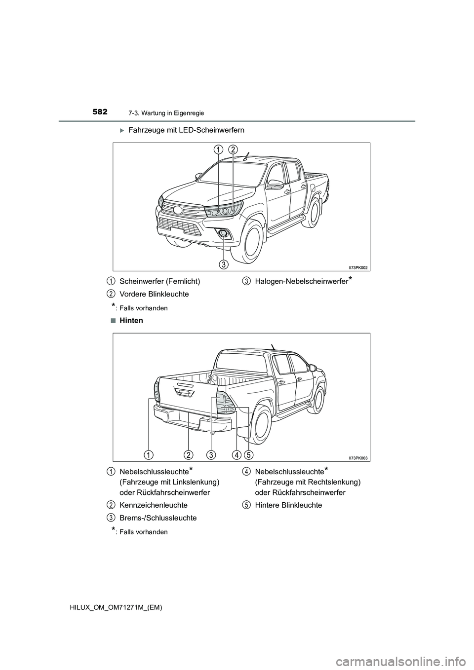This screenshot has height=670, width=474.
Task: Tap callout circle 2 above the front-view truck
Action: [x=233, y=149]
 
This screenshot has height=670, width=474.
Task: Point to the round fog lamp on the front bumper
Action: [x=224, y=233]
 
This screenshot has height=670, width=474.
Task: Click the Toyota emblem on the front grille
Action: [x=177, y=210]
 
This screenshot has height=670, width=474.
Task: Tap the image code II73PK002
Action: [x=358, y=267]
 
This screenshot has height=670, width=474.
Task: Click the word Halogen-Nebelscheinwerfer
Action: [x=302, y=281]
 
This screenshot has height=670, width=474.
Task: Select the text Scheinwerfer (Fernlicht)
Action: [x=159, y=281]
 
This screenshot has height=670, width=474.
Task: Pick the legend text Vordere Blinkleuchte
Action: [x=154, y=294]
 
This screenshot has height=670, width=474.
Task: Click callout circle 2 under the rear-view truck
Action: [x=188, y=453]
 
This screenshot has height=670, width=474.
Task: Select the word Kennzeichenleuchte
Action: [x=154, y=505]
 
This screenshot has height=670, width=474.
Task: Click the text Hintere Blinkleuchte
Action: [x=288, y=505]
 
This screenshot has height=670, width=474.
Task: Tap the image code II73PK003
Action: [x=358, y=458]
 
